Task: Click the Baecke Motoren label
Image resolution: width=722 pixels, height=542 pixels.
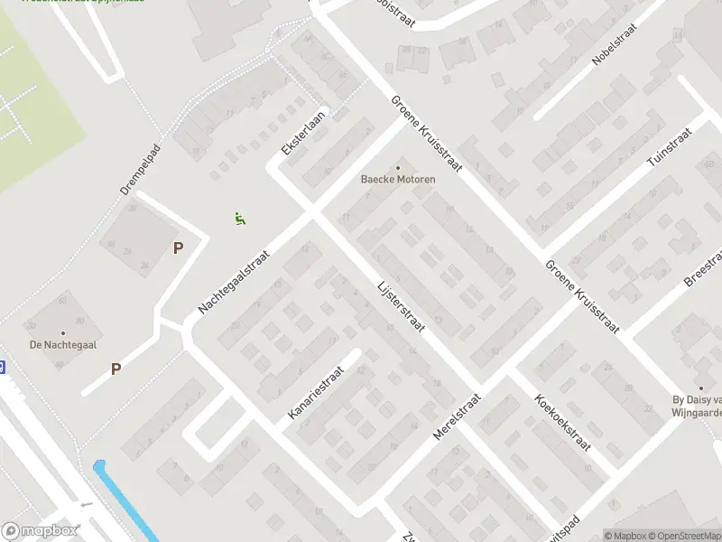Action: click(398, 179)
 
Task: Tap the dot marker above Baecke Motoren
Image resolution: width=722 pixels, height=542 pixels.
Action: click(398, 167)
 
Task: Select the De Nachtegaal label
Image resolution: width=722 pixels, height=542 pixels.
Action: click(63, 344)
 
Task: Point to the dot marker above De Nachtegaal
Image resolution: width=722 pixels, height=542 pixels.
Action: click(63, 332)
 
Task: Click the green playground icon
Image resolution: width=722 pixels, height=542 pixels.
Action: click(240, 218)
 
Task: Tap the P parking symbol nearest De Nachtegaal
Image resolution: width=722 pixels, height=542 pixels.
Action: click(116, 369)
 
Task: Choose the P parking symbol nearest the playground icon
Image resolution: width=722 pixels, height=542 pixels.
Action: click(178, 248)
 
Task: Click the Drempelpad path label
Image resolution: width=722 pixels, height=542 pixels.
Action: click(140, 169)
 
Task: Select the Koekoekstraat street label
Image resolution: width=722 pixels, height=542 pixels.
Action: click(562, 422)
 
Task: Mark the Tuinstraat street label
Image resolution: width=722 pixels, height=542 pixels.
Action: click(670, 147)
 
